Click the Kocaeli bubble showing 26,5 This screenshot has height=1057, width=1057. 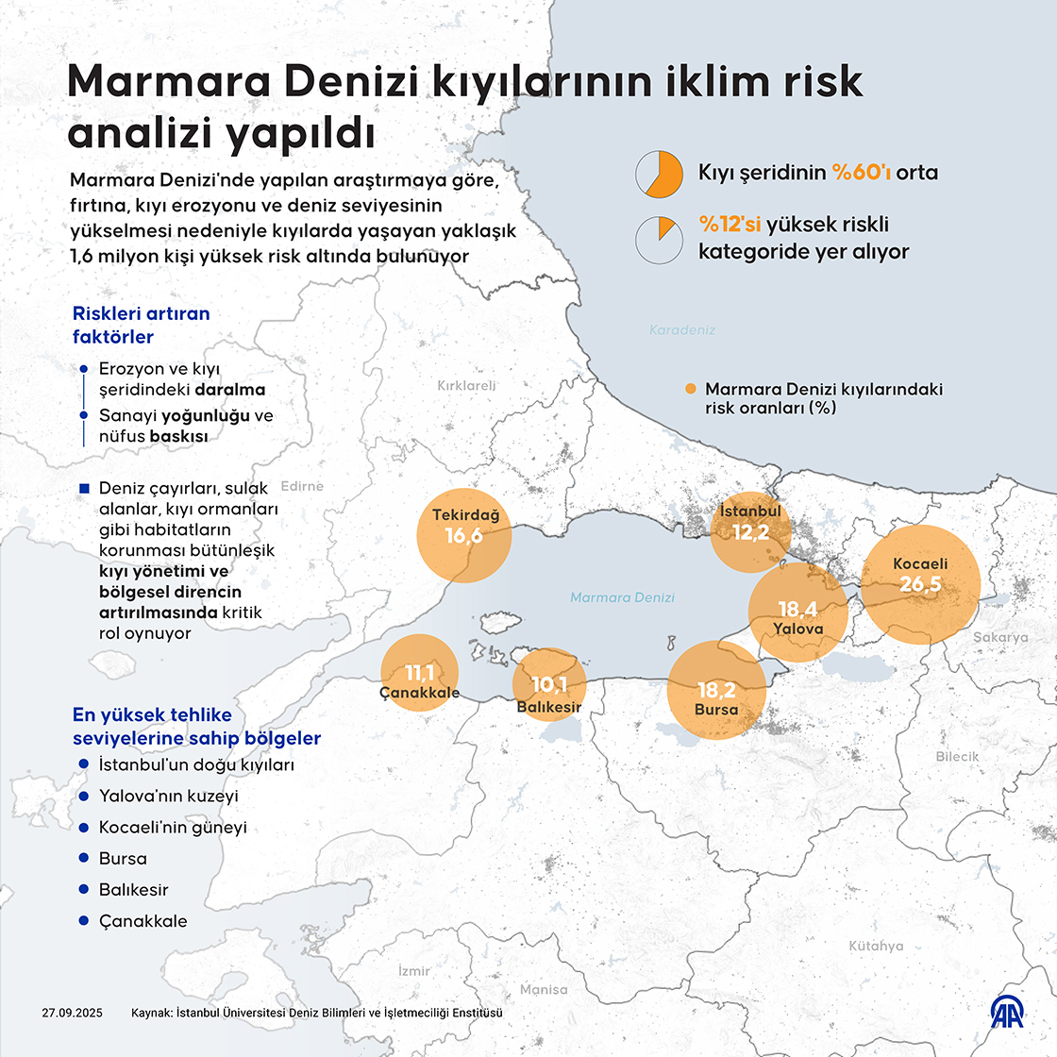point(920,584)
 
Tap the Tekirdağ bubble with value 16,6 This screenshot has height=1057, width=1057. point(464,535)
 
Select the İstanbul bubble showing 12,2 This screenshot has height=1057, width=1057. point(750,530)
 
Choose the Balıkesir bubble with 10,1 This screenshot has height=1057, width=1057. point(548,685)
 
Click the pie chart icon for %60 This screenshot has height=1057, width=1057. point(659,174)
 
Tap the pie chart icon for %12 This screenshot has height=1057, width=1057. point(659,240)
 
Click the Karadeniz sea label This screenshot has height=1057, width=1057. point(682,330)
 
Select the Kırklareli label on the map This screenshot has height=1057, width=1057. point(466,385)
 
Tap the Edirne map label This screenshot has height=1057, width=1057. point(301,486)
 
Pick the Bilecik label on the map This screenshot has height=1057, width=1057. point(957,756)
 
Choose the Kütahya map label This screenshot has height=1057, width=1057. point(875,946)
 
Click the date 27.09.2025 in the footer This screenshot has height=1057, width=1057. point(74,1013)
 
